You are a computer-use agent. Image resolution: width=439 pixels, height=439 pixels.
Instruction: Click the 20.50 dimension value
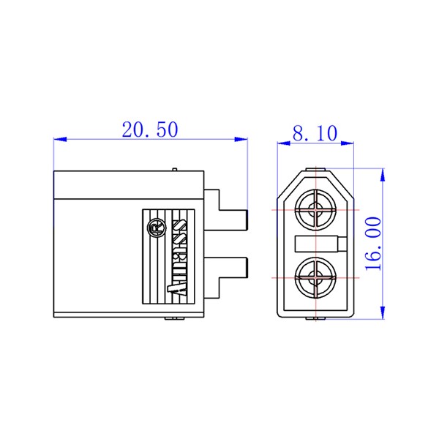pyautogui.click(x=150, y=130)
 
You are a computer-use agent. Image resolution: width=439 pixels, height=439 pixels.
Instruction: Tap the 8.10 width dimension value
pyautogui.click(x=315, y=133)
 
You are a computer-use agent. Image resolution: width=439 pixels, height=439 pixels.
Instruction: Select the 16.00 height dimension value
pyautogui.click(x=374, y=244)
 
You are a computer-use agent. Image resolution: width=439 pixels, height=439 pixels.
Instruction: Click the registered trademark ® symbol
pyautogui.click(x=157, y=228)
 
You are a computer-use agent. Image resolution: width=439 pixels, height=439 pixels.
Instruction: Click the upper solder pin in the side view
pyautogui.click(x=226, y=210)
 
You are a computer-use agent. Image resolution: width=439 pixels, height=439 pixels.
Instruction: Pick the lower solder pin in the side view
pyautogui.click(x=226, y=278)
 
